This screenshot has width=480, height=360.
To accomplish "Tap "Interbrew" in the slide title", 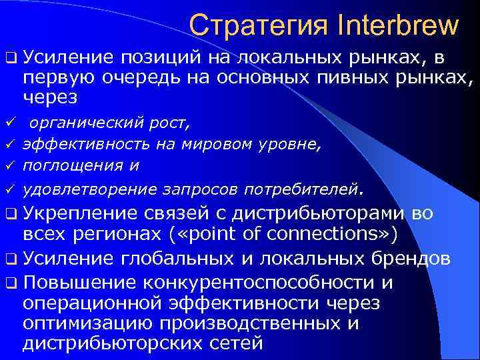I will (x=399, y=25).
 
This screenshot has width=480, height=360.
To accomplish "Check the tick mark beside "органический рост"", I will (x=9, y=123).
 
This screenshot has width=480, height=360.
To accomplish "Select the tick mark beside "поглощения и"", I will (x=9, y=164).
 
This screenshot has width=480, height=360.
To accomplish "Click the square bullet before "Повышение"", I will (x=9, y=283).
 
